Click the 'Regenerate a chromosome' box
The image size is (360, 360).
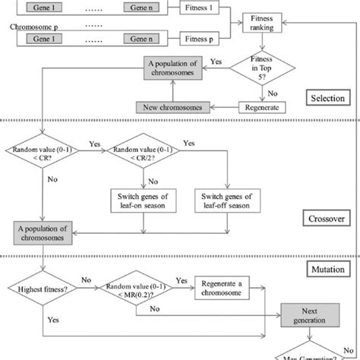point(225,289)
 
